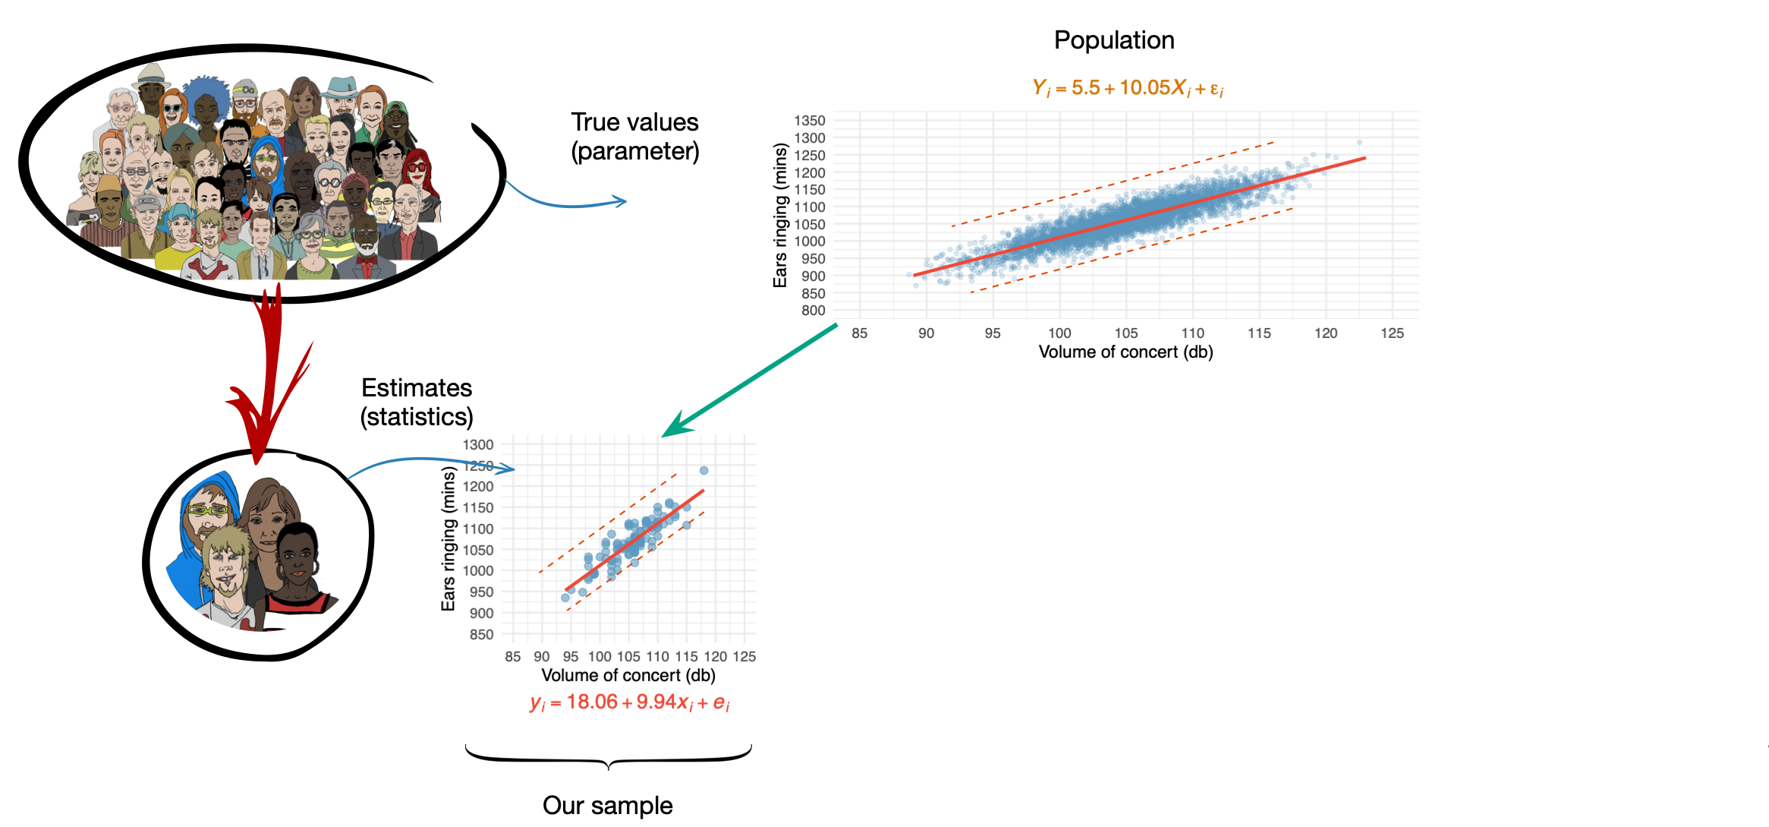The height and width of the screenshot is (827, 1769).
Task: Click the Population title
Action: (1113, 40)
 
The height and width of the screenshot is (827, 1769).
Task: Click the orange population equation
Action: (1128, 88)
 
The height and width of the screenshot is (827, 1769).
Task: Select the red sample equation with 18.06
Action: (629, 702)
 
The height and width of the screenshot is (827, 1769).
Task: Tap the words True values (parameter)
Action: (634, 137)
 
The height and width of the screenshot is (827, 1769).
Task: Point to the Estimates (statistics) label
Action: (417, 402)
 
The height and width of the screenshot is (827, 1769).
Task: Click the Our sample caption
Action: (607, 805)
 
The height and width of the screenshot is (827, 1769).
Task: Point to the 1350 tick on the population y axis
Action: (809, 121)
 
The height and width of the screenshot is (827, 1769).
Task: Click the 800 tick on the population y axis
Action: (813, 311)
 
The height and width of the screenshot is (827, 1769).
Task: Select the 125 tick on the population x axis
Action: (1392, 333)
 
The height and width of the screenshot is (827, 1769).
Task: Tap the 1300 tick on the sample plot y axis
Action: (478, 445)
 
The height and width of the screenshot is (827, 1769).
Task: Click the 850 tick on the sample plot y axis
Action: (481, 634)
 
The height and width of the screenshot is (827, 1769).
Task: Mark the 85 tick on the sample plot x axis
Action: (513, 657)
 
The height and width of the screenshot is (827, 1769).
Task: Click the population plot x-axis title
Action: (1125, 352)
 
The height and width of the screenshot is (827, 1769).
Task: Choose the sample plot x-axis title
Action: (628, 676)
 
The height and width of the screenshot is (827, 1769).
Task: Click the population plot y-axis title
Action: (780, 216)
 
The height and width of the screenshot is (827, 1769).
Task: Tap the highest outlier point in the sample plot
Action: (704, 471)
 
